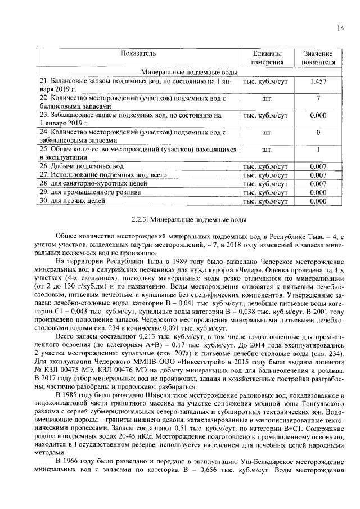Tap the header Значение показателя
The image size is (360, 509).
318,57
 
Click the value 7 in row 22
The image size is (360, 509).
318,98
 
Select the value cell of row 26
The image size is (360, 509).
318,167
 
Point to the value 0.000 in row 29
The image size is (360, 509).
318,192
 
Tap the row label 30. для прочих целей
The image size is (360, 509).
72,200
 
